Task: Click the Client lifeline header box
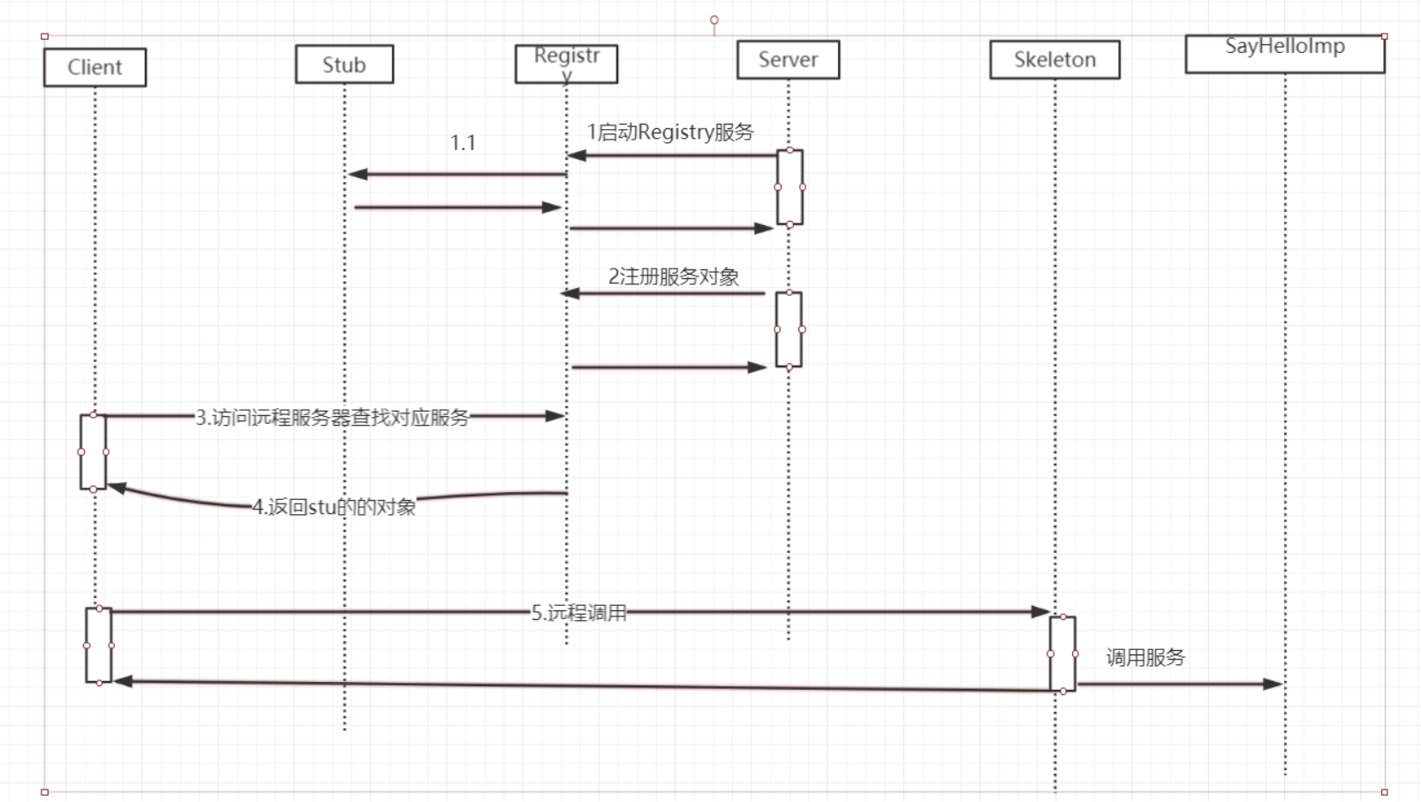94,67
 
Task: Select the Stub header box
344,64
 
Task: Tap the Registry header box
566,64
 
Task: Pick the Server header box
788,59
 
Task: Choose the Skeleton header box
1054,59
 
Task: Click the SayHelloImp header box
1284,53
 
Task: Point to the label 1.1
463,143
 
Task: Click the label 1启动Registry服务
670,132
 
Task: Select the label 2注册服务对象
673,276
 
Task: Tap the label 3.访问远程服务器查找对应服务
332,417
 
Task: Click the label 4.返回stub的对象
334,507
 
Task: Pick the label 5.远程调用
578,613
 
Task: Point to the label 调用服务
1145,657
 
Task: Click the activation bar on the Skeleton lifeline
1062,654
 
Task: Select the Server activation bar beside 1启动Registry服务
790,187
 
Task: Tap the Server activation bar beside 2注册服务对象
789,329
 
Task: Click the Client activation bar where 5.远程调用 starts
98,646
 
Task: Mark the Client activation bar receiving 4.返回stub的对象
93,451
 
